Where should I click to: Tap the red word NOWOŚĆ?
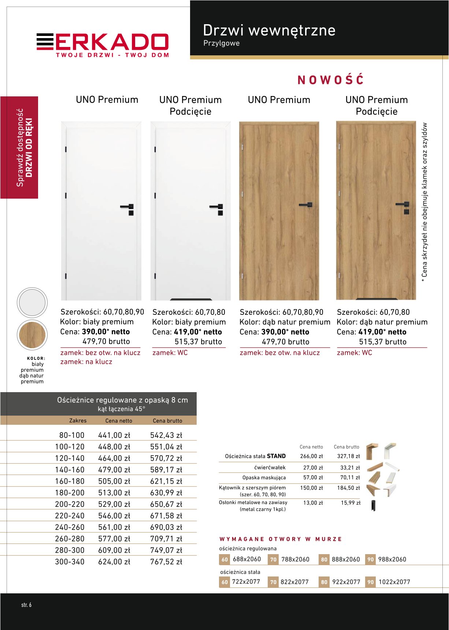(330, 80)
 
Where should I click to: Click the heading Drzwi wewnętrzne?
(269, 30)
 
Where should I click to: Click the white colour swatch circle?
(32, 302)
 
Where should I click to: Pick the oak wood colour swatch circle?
(32, 335)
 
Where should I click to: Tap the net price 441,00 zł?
(114, 435)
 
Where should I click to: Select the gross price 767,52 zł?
(166, 562)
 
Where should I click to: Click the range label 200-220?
(70, 504)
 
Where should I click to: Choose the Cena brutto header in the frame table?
(167, 421)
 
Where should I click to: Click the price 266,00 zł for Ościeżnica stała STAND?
(311, 456)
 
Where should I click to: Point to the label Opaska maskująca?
(264, 478)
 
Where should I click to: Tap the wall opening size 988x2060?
(392, 559)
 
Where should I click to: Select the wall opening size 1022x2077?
(394, 582)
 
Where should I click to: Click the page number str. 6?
(26, 605)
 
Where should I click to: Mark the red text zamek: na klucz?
(86, 362)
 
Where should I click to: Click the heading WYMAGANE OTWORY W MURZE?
(281, 539)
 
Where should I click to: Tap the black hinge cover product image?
(373, 505)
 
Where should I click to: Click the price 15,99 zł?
(350, 503)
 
